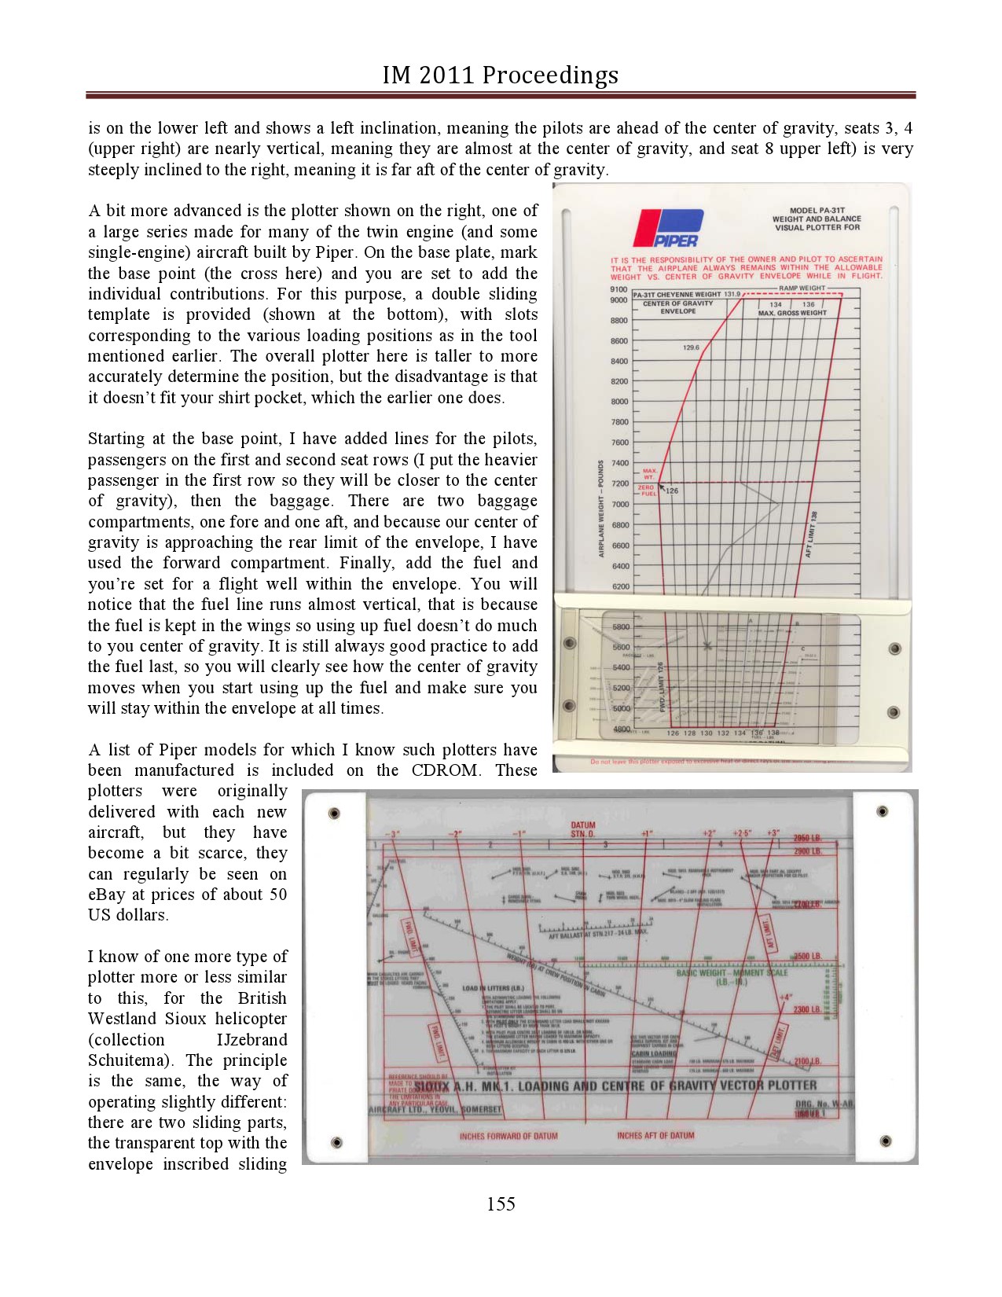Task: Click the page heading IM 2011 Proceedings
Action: (x=501, y=75)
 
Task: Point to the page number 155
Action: (x=501, y=1203)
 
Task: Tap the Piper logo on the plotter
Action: (x=668, y=229)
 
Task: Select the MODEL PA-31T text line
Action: (x=817, y=211)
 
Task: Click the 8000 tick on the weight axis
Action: (x=619, y=402)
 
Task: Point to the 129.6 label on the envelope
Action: (x=691, y=347)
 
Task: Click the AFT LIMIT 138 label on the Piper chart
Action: (x=812, y=535)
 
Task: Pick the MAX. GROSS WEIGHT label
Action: (x=792, y=313)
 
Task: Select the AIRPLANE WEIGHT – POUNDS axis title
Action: (x=601, y=509)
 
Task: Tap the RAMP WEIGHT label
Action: (x=802, y=288)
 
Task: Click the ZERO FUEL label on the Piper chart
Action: (x=647, y=491)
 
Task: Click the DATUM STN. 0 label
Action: (x=583, y=829)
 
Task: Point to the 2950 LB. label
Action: (x=806, y=839)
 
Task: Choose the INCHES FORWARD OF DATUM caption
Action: (x=508, y=1136)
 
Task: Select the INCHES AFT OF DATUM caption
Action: (x=655, y=1135)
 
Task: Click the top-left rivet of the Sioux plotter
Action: (x=334, y=813)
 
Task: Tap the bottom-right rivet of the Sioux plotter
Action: (x=886, y=1141)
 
